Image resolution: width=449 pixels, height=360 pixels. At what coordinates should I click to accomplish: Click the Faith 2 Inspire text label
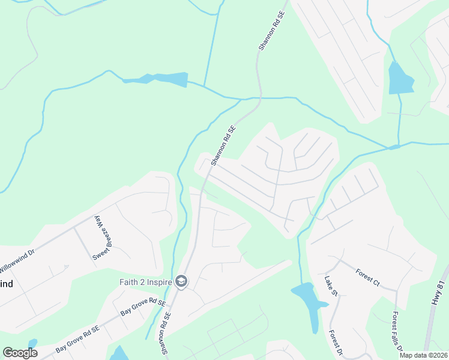tap(143, 282)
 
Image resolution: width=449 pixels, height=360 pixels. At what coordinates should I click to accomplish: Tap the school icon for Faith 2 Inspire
tap(181, 281)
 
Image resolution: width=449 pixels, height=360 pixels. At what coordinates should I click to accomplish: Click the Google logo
tap(20, 353)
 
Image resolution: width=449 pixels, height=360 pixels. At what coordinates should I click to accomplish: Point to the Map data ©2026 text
tap(423, 355)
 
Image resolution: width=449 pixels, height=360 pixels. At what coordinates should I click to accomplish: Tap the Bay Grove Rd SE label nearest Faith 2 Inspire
tap(142, 308)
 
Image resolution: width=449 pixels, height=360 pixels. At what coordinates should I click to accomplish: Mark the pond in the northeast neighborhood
tap(400, 78)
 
